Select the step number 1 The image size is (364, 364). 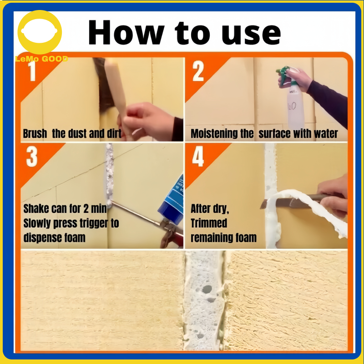click(32, 71)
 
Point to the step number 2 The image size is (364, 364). click(198, 71)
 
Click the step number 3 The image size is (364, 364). click(32, 157)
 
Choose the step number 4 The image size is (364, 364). click(198, 157)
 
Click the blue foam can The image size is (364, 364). click(172, 200)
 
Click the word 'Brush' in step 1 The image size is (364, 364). click(35, 134)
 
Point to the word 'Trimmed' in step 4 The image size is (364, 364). click(209, 223)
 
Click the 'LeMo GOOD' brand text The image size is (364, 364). click(41, 59)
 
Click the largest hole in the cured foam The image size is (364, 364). click(207, 289)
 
